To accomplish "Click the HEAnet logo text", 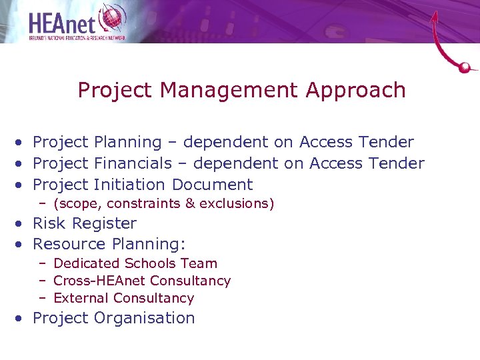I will [63, 21].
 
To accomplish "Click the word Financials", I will [133, 163].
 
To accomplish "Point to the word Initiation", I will [129, 185].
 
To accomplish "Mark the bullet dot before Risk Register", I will [22, 224].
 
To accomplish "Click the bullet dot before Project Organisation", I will [22, 319].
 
